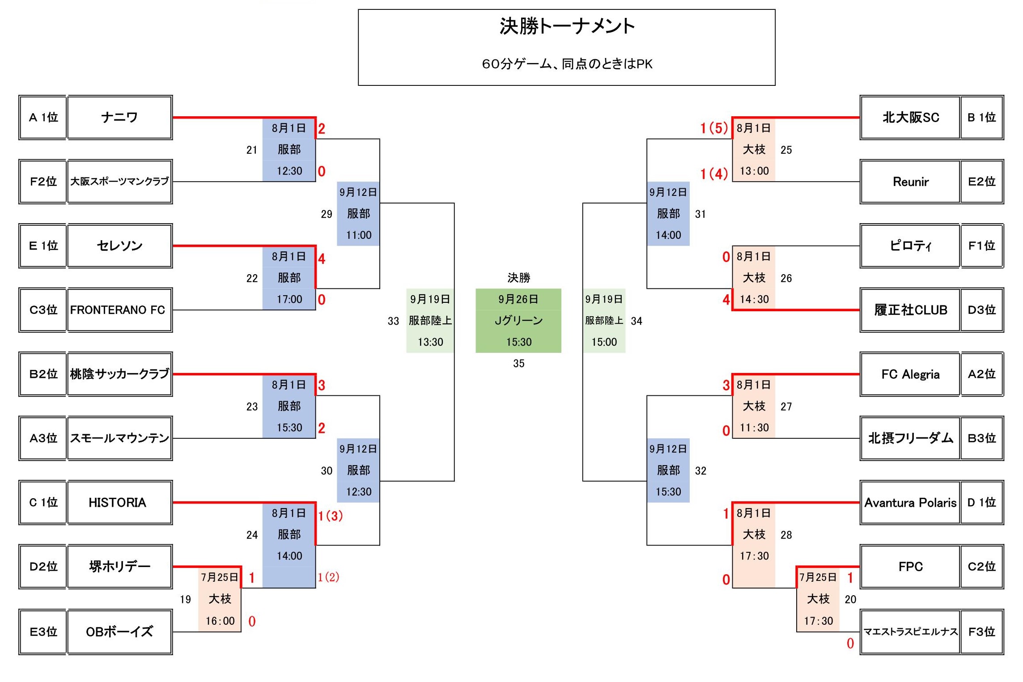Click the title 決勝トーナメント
(567, 26)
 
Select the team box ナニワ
(119, 118)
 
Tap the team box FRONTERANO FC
(119, 310)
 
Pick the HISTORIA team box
(119, 503)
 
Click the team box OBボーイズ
(119, 631)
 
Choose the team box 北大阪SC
(910, 118)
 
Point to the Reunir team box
(910, 182)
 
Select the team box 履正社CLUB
(910, 310)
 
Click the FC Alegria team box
(910, 374)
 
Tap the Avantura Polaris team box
(910, 503)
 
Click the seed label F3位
(981, 631)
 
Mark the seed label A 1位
(43, 118)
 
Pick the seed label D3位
(981, 310)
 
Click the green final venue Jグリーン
(518, 321)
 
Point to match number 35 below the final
(518, 364)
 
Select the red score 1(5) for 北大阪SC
(714, 128)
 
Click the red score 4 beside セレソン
(321, 258)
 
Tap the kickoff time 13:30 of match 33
(430, 342)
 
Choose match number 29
(327, 214)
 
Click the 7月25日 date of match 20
(818, 577)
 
